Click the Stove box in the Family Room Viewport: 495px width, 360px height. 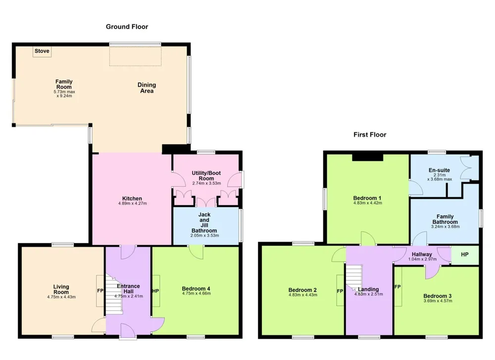[42, 51]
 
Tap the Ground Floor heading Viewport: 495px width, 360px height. [127, 27]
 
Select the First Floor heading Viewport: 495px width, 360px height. [370, 135]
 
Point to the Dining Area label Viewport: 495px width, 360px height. [147, 88]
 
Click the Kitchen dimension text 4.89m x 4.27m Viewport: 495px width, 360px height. [133, 204]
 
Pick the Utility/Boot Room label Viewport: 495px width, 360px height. [206, 176]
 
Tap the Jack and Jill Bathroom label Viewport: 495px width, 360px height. [204, 222]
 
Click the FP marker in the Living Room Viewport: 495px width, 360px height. [100, 291]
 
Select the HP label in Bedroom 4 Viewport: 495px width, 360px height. [155, 291]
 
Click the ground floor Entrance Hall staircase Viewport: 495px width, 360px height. [113, 294]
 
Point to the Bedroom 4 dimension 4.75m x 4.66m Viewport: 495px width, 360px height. [197, 293]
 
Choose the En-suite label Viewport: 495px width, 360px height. [439, 170]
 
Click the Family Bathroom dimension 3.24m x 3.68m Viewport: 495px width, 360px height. [445, 226]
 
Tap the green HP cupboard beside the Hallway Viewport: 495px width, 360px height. [465, 255]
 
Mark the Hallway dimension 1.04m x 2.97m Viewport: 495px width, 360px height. [422, 259]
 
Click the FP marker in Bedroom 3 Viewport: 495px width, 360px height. [397, 287]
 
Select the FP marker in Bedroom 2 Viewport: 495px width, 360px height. [340, 291]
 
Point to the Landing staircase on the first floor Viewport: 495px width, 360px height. [354, 278]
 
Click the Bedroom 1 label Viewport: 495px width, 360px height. [367, 198]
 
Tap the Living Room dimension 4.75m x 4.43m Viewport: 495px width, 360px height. [61, 297]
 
